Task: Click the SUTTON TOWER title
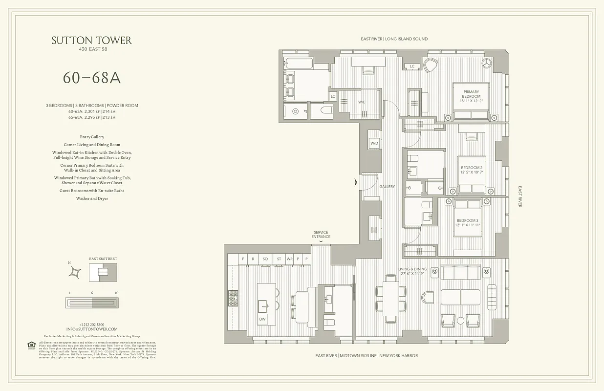[91, 41]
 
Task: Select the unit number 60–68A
[91, 78]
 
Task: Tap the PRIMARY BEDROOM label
[472, 97]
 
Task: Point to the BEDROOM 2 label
[472, 170]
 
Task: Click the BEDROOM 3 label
[468, 223]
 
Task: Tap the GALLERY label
[387, 187]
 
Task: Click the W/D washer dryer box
[374, 143]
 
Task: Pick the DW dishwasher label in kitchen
[262, 319]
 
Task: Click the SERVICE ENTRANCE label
[321, 235]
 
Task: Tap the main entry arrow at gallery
[356, 183]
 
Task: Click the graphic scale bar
[92, 303]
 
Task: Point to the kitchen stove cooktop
[233, 298]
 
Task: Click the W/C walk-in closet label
[362, 102]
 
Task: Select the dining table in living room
[390, 298]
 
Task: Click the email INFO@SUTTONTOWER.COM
[92, 329]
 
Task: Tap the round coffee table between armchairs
[460, 321]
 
